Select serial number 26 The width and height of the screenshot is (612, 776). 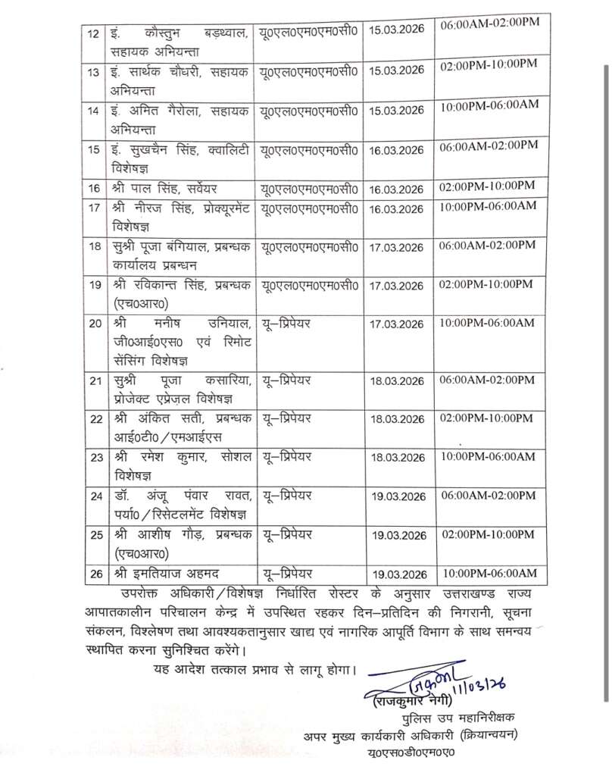tap(95, 573)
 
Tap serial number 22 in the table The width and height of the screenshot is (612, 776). tap(95, 419)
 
